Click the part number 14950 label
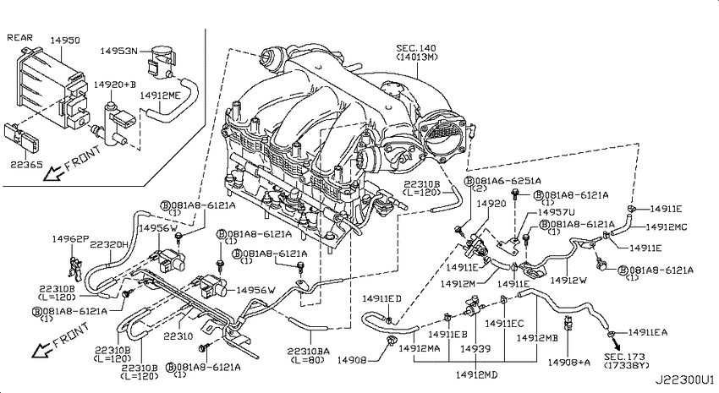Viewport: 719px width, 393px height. [64, 41]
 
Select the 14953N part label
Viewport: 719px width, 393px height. [118, 52]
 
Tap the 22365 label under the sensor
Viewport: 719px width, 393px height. [26, 164]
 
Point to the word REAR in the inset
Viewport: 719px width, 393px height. [19, 37]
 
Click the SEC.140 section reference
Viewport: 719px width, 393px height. [416, 48]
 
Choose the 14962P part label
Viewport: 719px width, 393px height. [70, 238]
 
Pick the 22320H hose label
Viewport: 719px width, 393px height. [109, 244]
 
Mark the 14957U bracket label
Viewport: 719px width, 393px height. [557, 212]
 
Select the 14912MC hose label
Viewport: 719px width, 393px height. [667, 227]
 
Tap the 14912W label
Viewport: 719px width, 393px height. [568, 281]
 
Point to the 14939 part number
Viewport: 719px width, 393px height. [475, 349]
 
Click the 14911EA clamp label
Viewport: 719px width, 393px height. [648, 332]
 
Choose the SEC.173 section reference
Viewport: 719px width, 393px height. [624, 357]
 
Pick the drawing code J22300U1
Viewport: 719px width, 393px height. [684, 379]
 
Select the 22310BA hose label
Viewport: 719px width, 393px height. [309, 352]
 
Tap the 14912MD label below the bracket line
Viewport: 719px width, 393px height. [476, 374]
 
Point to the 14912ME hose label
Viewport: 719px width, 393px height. [160, 96]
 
